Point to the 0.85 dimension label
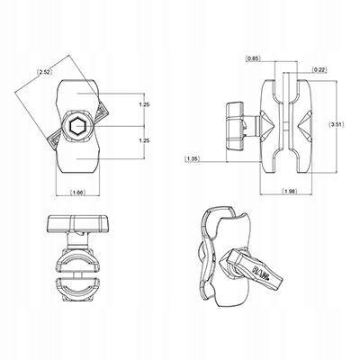[255, 58]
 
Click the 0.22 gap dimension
[318, 69]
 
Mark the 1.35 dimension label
[193, 159]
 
